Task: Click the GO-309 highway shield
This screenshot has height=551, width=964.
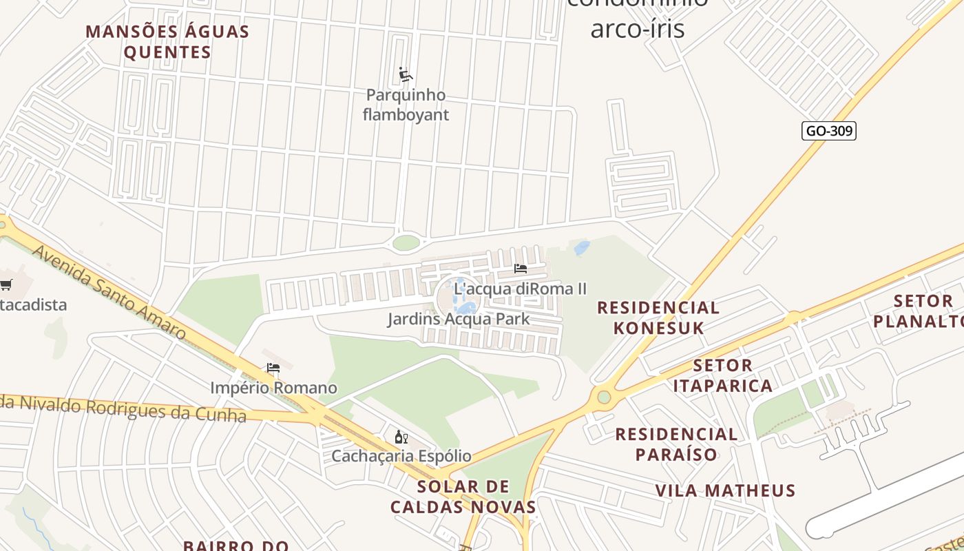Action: point(828,131)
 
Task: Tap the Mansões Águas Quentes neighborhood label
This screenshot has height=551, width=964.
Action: point(167,42)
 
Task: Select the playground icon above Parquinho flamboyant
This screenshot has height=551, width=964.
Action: point(406,74)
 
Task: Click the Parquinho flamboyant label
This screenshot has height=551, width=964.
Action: point(406,105)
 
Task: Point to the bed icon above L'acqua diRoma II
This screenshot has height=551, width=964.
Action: point(521,269)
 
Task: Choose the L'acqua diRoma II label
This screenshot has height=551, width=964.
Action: point(520,289)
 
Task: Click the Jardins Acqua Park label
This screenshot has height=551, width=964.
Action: point(459,319)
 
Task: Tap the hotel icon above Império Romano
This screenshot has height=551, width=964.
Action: point(273,368)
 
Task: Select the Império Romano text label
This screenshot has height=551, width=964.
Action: point(273,388)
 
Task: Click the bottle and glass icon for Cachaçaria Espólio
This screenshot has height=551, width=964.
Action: point(401,437)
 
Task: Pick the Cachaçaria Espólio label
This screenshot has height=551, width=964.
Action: point(401,456)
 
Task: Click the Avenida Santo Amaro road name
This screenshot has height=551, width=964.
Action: point(109,292)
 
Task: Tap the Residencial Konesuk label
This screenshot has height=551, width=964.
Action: point(658,318)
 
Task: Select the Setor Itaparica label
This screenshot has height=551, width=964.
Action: point(722,375)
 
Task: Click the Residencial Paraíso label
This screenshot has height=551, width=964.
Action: point(675,444)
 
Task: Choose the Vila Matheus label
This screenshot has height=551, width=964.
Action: point(725,490)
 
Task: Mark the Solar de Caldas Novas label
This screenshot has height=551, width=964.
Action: point(463,497)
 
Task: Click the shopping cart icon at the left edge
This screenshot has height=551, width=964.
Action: point(6,284)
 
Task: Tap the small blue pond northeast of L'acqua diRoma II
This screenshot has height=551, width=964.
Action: point(582,248)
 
